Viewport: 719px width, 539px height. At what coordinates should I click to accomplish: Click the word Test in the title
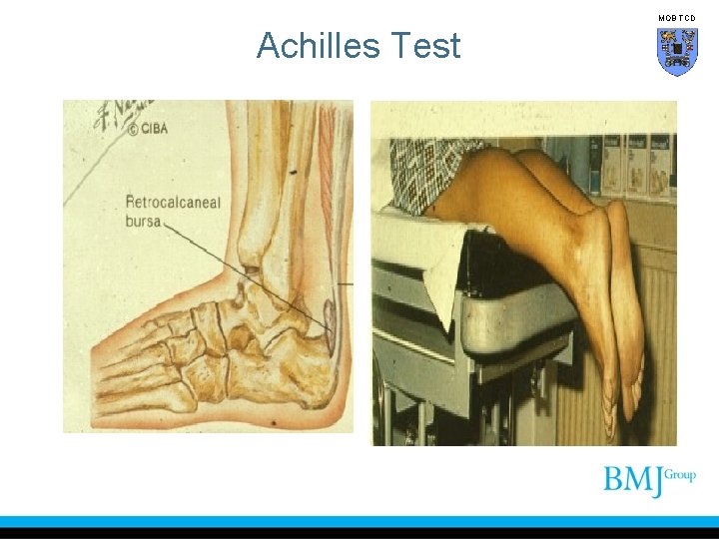[427, 46]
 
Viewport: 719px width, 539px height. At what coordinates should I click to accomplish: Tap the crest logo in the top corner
[677, 51]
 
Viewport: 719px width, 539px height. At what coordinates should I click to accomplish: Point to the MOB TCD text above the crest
[677, 18]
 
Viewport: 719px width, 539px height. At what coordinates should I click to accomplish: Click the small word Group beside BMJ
[680, 475]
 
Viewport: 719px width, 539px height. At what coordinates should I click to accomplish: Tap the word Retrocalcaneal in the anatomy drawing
[173, 203]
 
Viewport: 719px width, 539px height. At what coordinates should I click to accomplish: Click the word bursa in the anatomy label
[143, 221]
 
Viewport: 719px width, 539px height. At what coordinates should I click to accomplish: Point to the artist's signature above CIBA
[120, 113]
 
